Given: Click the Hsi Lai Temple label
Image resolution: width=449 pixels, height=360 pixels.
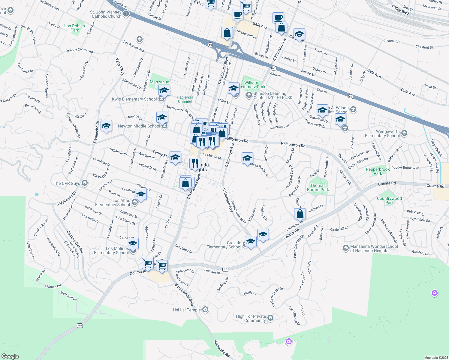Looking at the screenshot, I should click(187, 310).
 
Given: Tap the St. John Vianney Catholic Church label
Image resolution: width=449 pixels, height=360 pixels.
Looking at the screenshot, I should click(106, 14).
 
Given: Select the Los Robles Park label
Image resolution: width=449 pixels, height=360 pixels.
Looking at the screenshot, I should click(74, 28).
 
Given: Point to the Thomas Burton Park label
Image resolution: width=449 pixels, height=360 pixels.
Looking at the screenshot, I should click(318, 187).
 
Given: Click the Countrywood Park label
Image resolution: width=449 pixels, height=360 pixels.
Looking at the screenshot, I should click(389, 200).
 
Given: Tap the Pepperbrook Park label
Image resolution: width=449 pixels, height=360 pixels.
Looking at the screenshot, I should click(378, 171).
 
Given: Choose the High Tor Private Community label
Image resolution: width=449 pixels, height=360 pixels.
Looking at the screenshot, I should click(251, 318).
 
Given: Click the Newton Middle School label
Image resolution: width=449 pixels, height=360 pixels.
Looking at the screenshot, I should click(139, 126).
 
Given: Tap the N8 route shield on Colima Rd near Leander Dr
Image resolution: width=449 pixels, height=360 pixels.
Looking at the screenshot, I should click(225, 269).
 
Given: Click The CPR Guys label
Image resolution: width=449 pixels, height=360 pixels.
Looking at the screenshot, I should click(67, 183).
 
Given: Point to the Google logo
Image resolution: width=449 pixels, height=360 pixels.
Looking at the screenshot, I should click(10, 356).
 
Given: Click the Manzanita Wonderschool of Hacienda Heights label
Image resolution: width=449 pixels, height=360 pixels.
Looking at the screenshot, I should click(374, 248).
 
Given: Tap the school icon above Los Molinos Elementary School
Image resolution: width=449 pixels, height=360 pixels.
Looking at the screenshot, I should click(132, 244).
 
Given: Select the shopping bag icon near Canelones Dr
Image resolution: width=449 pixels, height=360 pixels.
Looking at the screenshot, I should click(300, 214).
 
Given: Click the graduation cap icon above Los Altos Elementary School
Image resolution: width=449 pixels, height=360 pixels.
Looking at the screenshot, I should click(141, 195).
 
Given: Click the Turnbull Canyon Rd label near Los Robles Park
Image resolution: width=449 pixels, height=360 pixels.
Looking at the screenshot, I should click(79, 50).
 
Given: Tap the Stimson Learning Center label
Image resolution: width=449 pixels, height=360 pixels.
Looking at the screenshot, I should click(273, 95).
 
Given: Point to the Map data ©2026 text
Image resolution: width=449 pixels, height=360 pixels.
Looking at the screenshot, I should click(436, 358).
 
